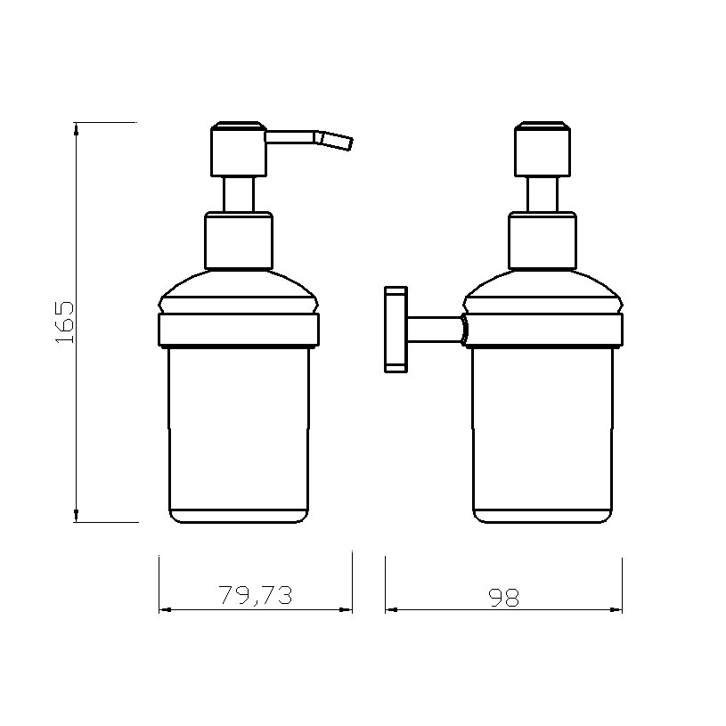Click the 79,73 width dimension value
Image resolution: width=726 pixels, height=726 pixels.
pos(256,596)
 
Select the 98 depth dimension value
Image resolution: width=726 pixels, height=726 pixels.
pos(504,597)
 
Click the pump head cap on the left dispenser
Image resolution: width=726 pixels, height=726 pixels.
pos(238,147)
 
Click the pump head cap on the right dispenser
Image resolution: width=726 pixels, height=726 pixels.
pos(542,147)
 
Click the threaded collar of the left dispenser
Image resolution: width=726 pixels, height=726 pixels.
pos(238,240)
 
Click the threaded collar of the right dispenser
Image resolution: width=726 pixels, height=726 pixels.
pos(542,240)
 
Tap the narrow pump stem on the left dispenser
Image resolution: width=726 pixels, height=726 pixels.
pos(238,193)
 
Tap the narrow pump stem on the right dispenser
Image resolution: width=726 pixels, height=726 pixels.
pos(542,193)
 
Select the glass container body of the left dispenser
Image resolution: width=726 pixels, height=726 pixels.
pos(238,428)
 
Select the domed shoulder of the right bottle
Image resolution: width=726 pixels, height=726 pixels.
pos(542,290)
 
